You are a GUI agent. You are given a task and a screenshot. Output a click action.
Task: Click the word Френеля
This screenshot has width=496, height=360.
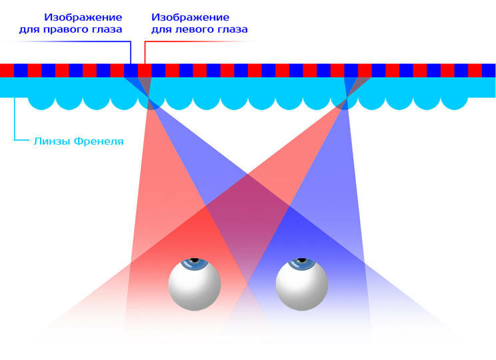click(x=99, y=141)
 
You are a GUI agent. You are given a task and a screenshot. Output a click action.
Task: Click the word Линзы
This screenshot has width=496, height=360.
click(x=51, y=141)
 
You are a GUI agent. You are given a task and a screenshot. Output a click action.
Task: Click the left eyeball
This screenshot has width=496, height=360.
click(x=194, y=283)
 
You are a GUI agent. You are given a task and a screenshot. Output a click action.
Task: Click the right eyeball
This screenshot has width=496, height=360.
click(x=302, y=283)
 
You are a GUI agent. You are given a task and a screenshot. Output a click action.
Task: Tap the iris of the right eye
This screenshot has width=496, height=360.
click(x=302, y=263)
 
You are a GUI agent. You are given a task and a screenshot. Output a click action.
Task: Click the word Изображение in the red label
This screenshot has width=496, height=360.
click(x=191, y=16)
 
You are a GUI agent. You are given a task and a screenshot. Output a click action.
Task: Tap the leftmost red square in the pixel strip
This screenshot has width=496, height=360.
click(x=7, y=70)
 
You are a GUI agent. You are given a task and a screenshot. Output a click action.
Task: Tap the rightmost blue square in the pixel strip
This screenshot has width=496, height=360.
click(x=489, y=70)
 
